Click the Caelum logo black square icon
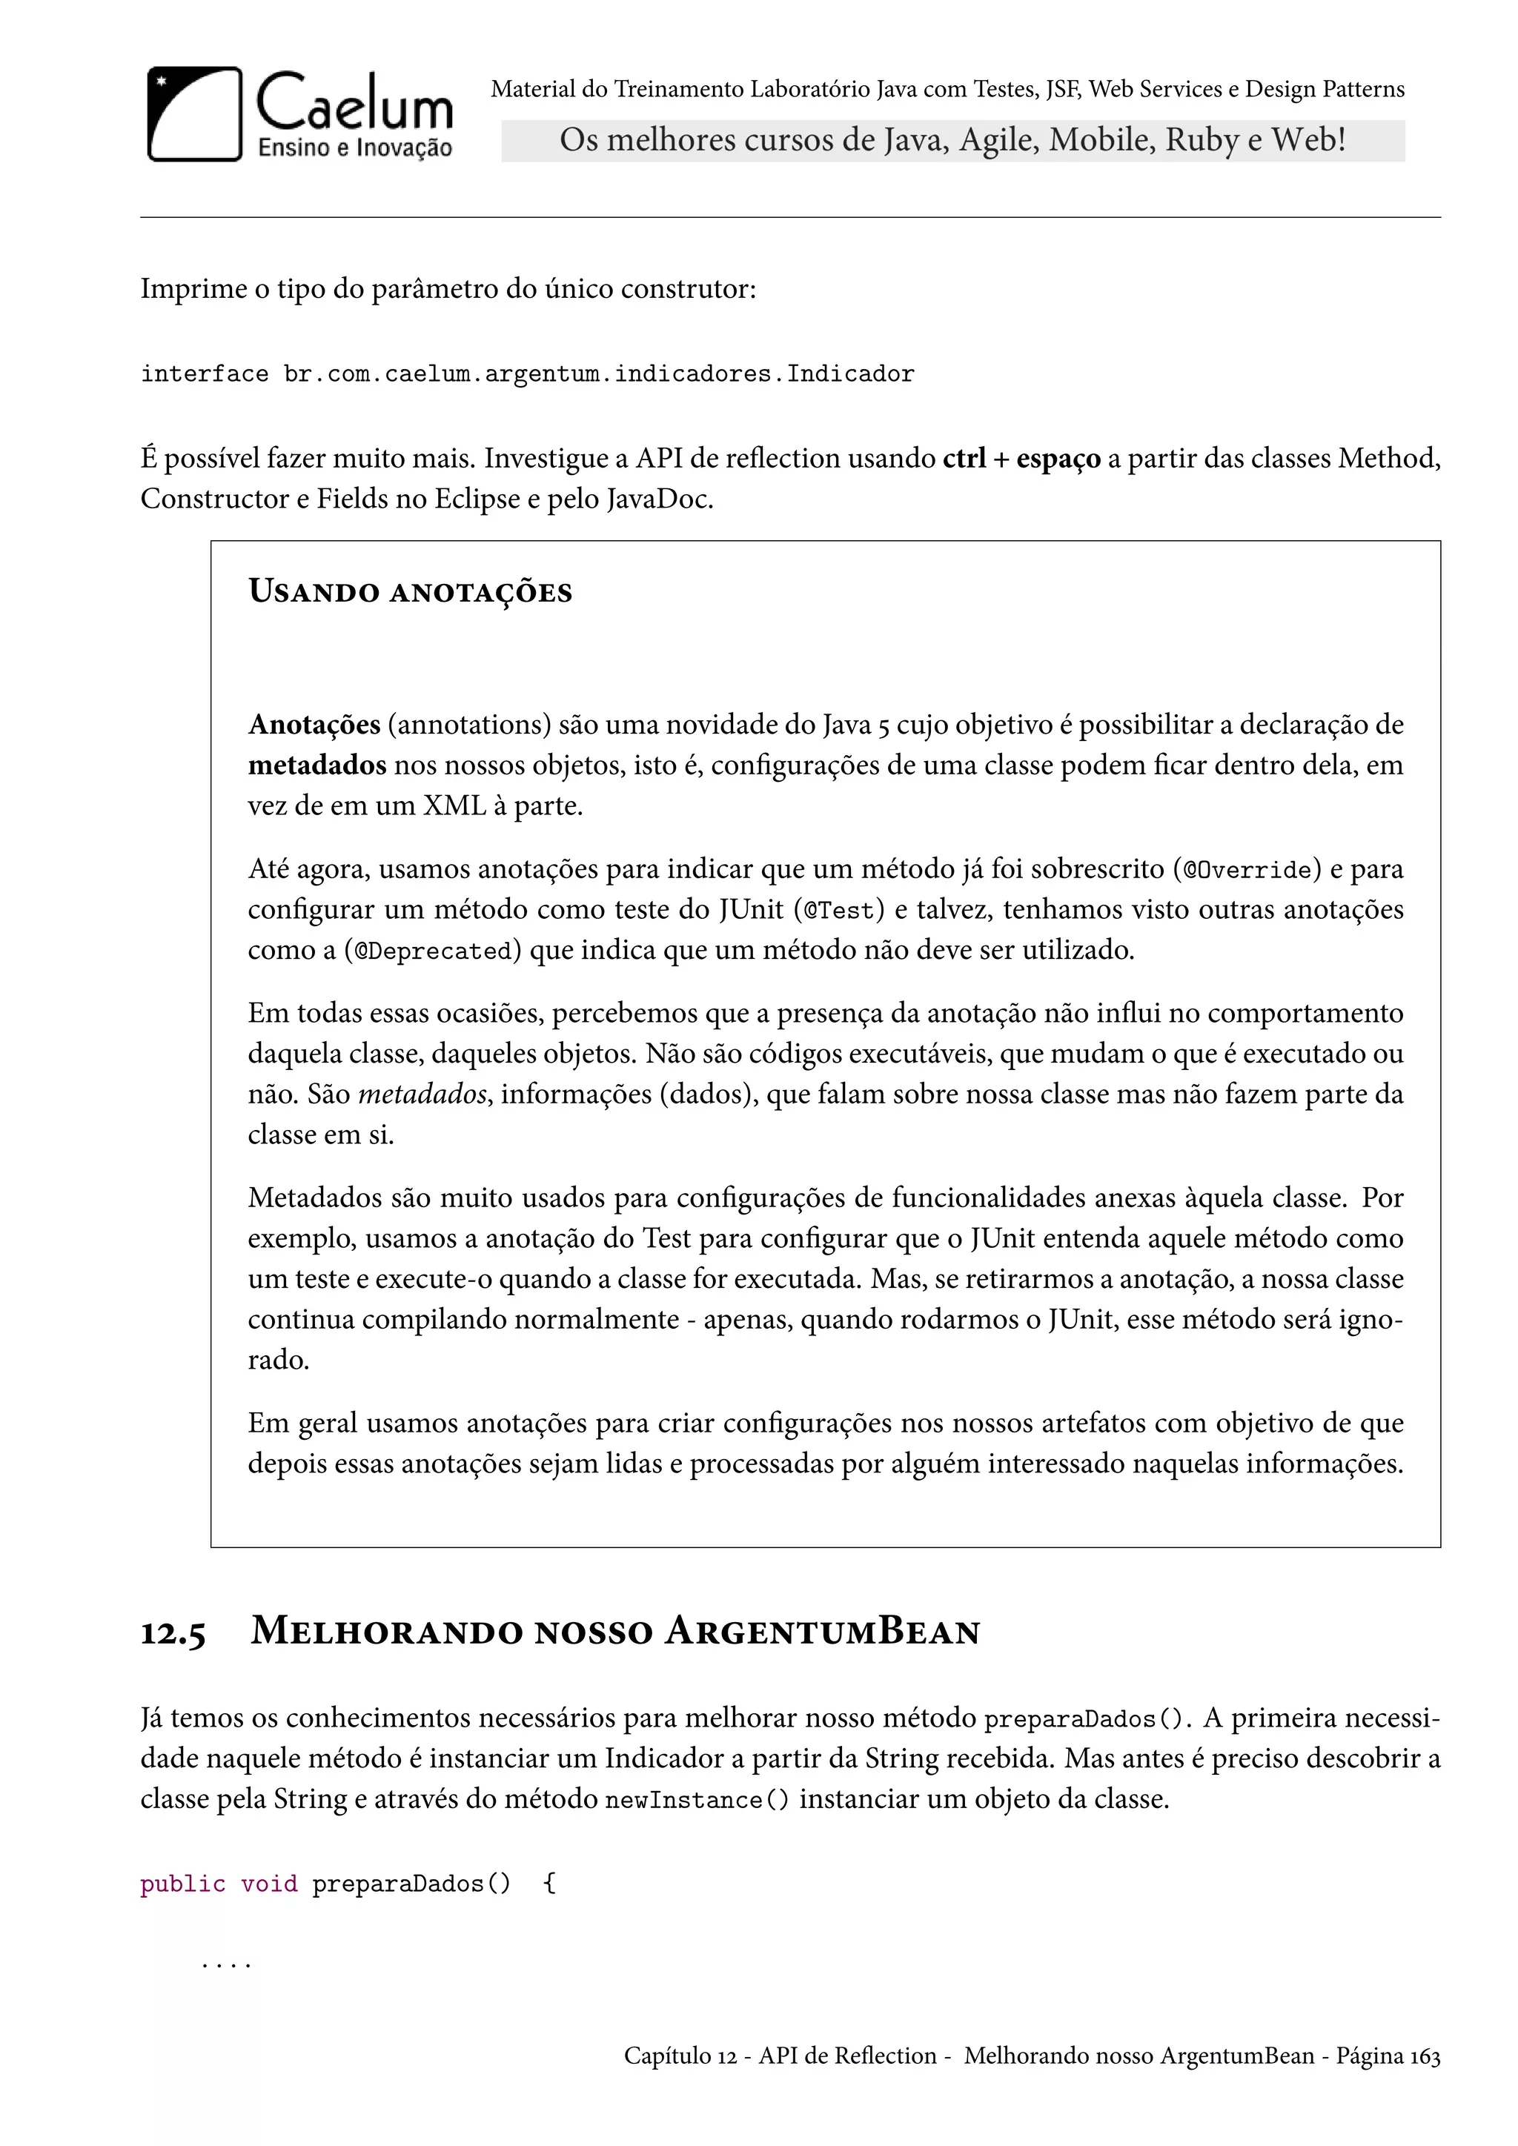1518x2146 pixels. [x=194, y=114]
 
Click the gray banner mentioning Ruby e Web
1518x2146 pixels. [x=952, y=140]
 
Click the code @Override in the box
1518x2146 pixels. [x=1247, y=870]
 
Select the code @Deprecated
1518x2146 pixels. [x=433, y=951]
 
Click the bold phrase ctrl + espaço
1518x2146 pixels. [x=1021, y=459]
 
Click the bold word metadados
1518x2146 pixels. [x=317, y=765]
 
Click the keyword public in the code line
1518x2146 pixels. [x=183, y=1884]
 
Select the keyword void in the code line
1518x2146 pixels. [x=269, y=1884]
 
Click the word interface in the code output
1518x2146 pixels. [x=204, y=375]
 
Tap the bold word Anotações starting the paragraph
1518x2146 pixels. [x=314, y=725]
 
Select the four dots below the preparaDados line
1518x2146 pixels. [x=226, y=1964]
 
